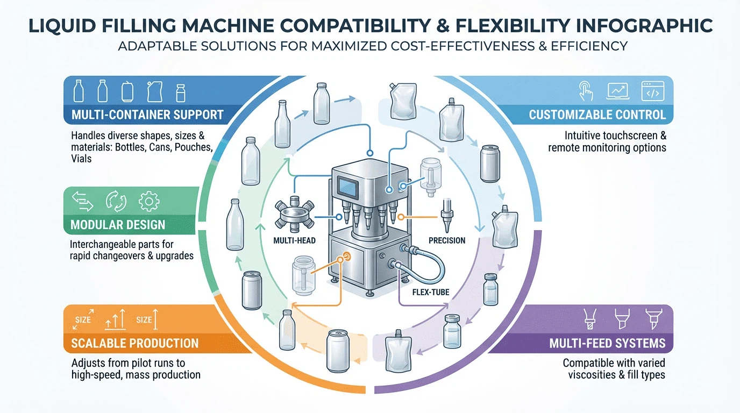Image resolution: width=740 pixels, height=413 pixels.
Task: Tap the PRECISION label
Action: coord(447,240)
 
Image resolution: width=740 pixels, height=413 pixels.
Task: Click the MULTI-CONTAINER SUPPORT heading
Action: coord(147,115)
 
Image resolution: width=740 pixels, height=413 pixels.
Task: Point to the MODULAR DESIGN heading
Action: coord(118,225)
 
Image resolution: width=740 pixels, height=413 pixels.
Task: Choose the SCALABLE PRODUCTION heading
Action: coord(134,343)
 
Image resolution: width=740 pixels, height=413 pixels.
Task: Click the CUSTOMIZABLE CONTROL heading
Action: coord(597,115)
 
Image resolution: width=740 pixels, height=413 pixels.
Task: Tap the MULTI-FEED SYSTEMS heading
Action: coord(607,343)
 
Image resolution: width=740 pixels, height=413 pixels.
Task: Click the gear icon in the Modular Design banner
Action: coord(149,201)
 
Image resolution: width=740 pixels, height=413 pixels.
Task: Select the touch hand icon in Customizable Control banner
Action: coord(585,91)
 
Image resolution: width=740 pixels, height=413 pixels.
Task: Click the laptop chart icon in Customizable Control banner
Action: coord(618,91)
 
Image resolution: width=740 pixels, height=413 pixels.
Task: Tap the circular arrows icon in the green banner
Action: coord(117,201)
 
